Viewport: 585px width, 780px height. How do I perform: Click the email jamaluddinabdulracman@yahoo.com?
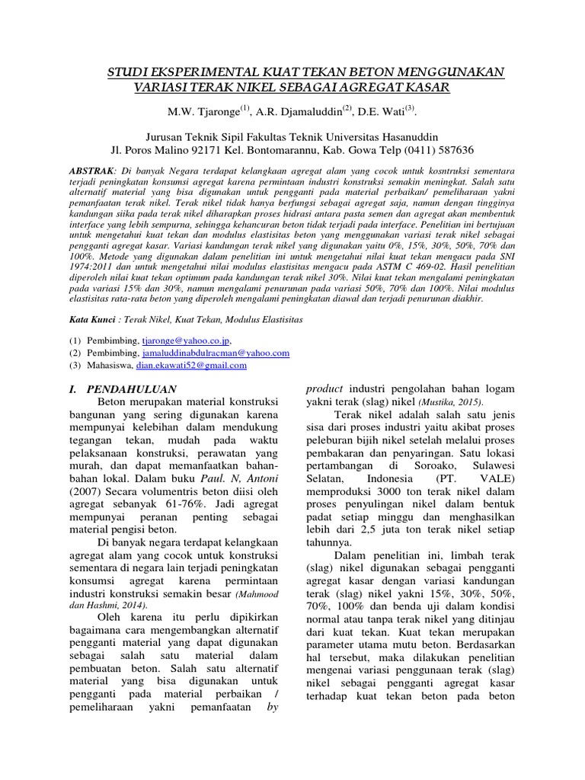[x=215, y=353]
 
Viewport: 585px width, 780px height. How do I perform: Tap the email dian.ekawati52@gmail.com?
[x=191, y=366]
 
